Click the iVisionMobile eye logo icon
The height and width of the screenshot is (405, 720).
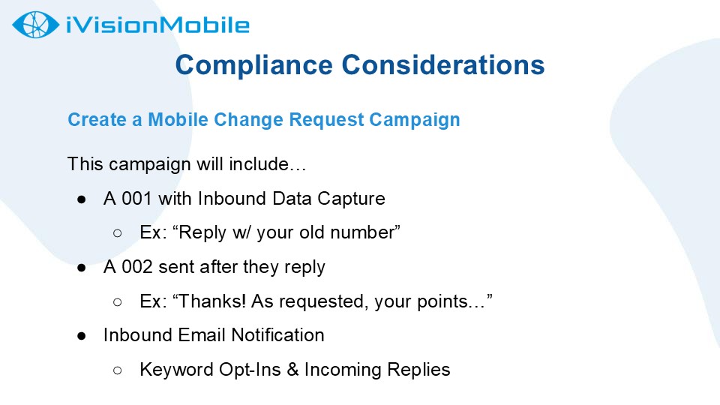(36, 25)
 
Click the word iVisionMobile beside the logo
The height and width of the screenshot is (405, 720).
(157, 25)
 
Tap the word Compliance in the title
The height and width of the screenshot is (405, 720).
(254, 66)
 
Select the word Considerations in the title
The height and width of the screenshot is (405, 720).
(443, 64)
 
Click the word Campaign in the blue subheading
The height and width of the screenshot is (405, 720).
(415, 120)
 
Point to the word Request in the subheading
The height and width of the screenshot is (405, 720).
(326, 120)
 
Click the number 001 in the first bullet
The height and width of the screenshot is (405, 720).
(136, 199)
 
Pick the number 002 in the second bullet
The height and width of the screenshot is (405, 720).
(136, 267)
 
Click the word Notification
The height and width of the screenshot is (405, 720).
(277, 335)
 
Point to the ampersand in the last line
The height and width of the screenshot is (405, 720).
(293, 370)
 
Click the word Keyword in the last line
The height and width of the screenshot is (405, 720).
(177, 370)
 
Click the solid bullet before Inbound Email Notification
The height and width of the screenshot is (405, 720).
(82, 336)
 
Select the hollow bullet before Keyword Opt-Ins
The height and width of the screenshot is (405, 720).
(118, 370)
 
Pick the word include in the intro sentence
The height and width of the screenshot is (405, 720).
(259, 164)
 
